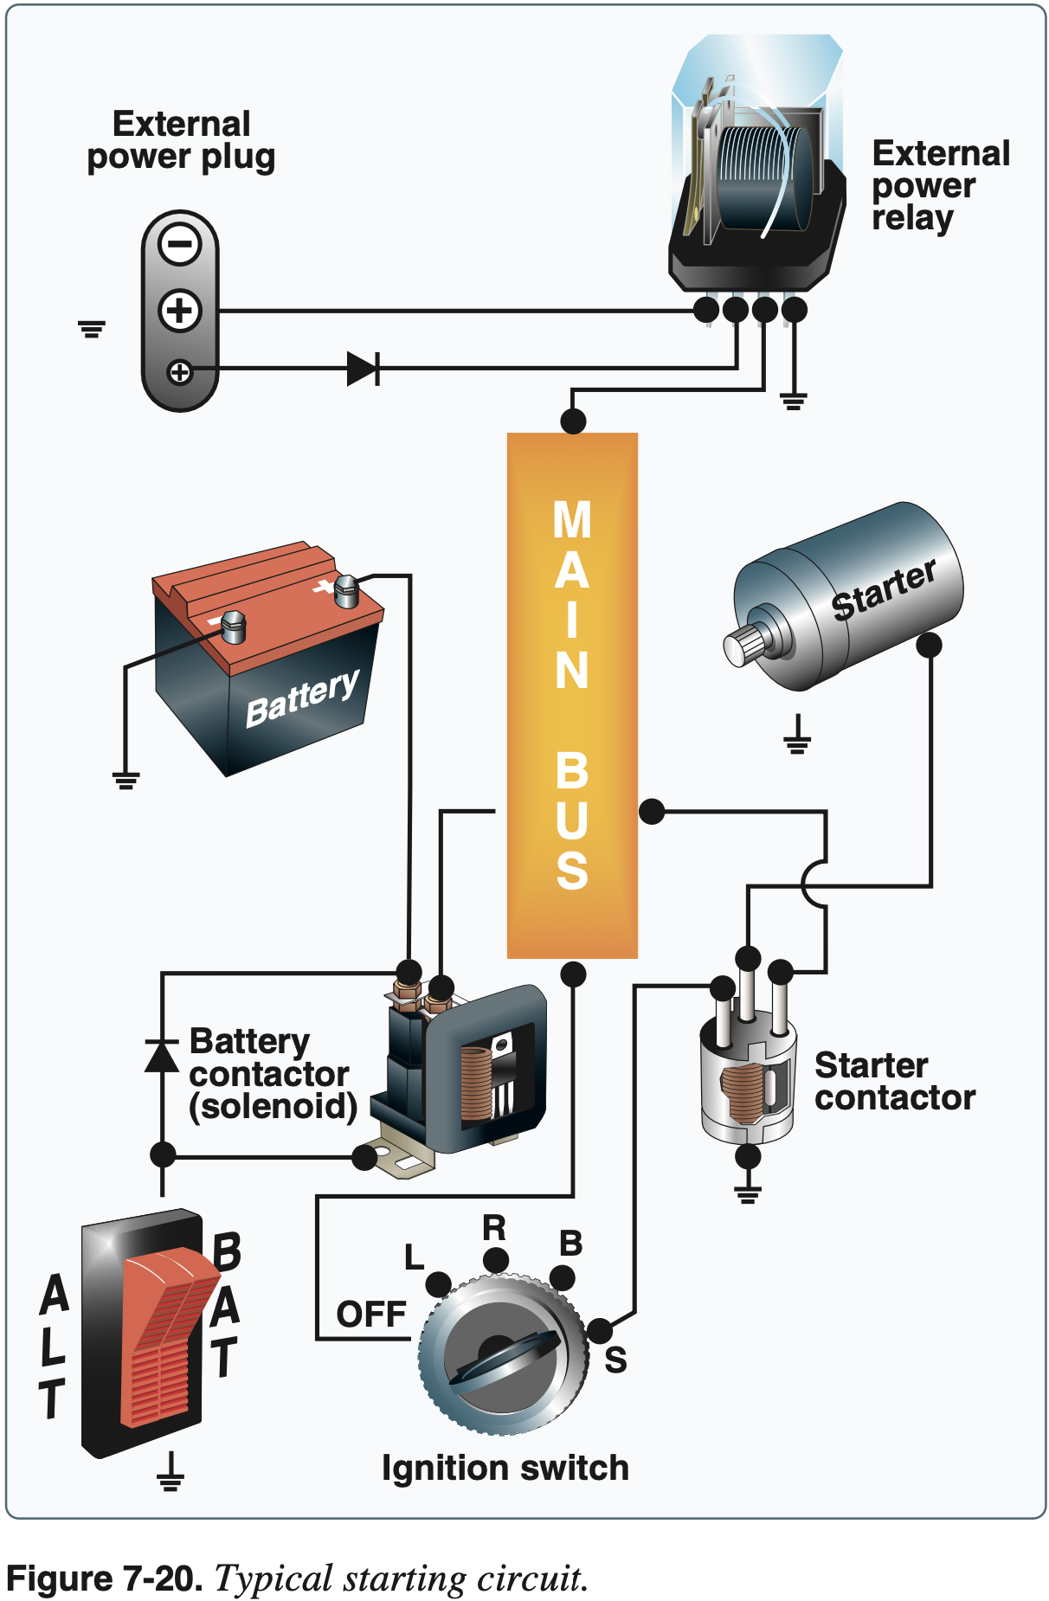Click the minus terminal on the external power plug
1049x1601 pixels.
[x=180, y=244]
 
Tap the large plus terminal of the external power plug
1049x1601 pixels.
[x=180, y=311]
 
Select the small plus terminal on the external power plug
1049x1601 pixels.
[x=179, y=372]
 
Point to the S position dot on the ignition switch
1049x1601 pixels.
[x=599, y=1331]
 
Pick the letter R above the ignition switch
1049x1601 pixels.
[x=494, y=1228]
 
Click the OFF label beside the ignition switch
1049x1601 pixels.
[x=371, y=1315]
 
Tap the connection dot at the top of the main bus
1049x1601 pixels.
[x=573, y=421]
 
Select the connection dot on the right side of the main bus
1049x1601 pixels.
[x=652, y=811]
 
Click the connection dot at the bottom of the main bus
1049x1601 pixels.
[x=573, y=974]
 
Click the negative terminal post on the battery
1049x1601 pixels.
[x=234, y=626]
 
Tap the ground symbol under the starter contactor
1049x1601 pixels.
[x=748, y=1193]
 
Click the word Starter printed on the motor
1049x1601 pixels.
[x=883, y=590]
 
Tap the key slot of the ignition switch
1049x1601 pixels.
[x=502, y=1359]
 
